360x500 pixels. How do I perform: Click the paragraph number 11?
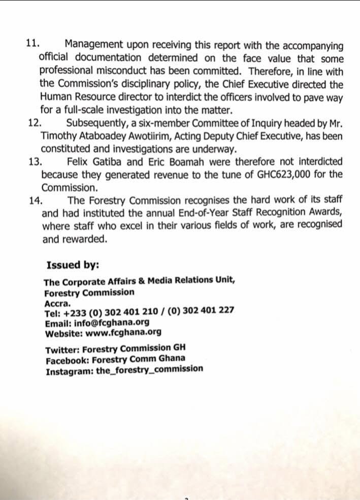(x=32, y=44)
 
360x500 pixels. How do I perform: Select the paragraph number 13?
(x=36, y=161)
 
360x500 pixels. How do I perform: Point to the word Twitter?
(x=62, y=349)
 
